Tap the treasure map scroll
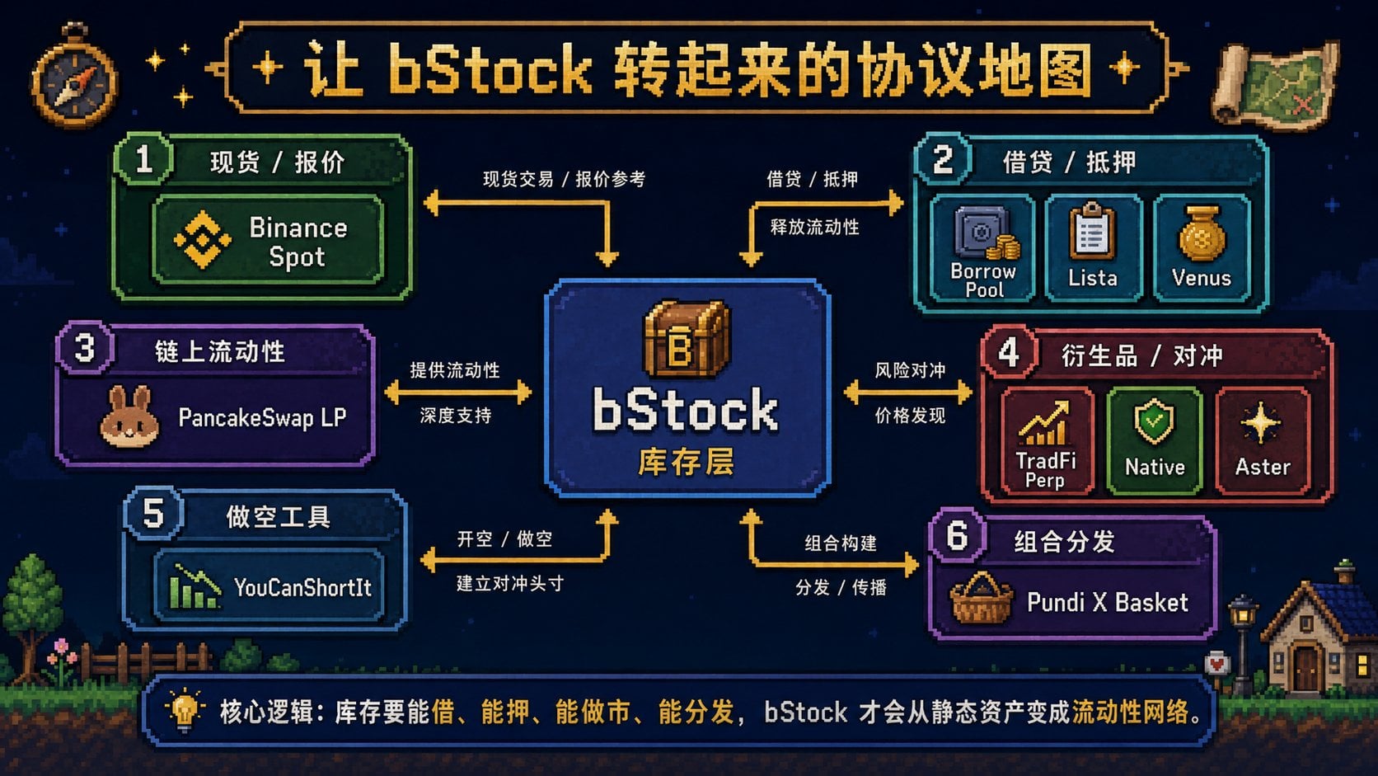coord(1276,85)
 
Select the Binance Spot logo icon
coord(203,239)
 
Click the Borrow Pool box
coord(982,248)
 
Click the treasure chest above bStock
coord(687,338)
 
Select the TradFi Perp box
coord(1047,440)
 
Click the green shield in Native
coord(1154,421)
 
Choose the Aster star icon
coord(1260,423)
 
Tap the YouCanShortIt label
coord(302,588)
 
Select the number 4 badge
coord(1009,354)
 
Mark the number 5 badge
coord(153,513)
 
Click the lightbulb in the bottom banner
coord(184,711)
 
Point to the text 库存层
coord(687,462)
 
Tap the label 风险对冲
coord(910,370)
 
